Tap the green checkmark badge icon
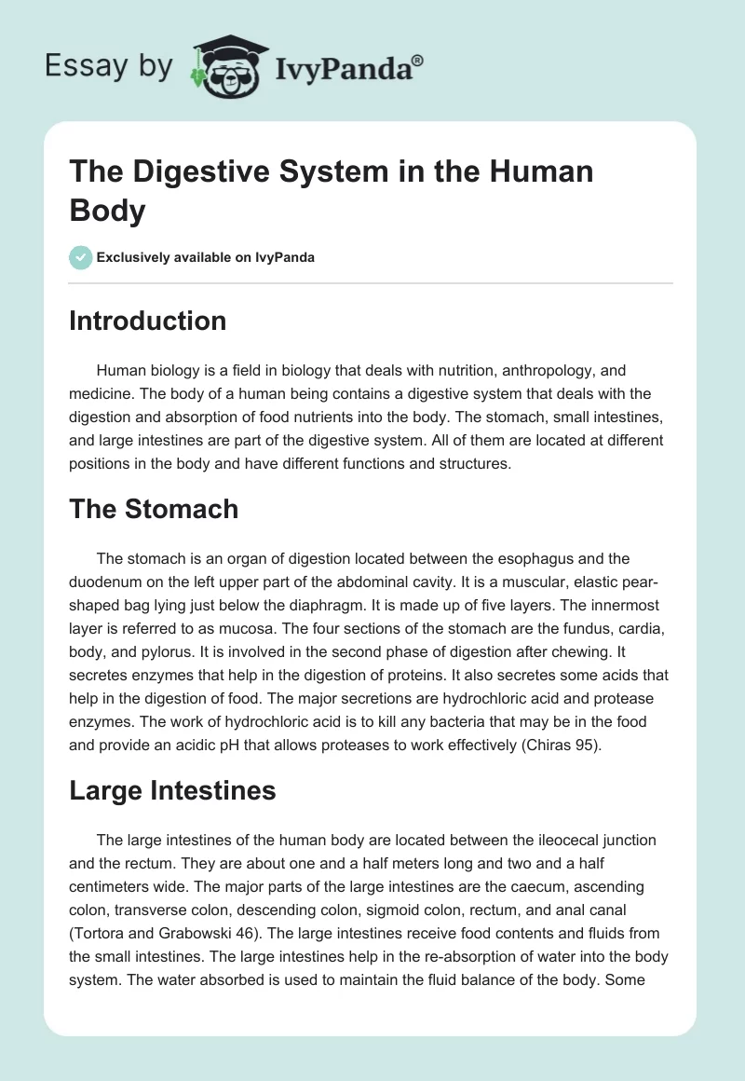coord(81,257)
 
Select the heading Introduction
coord(148,321)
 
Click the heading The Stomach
coord(154,508)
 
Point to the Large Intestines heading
coord(172,790)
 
